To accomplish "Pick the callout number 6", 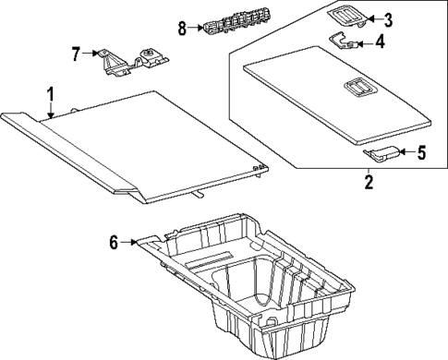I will tap(115, 243).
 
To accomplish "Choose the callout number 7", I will tap(78, 54).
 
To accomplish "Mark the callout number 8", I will tap(182, 28).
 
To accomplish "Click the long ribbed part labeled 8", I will tap(225, 29).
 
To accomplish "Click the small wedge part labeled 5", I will tap(381, 151).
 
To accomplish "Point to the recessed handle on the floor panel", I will tap(357, 89).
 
